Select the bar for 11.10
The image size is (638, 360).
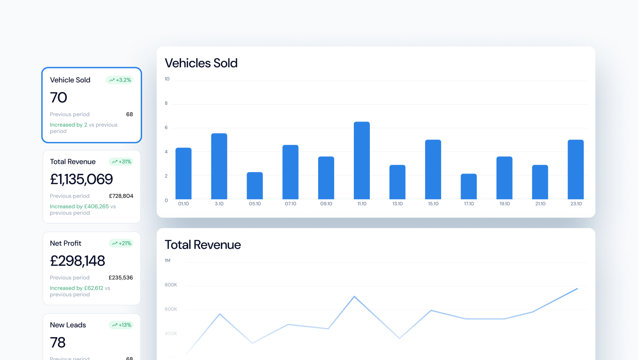coord(361,160)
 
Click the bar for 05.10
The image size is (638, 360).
coord(255,186)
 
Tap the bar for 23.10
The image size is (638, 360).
coord(576,169)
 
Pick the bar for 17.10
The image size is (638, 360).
coord(468,186)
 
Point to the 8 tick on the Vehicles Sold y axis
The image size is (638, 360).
coord(166,103)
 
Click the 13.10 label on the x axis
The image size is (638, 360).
coord(397,204)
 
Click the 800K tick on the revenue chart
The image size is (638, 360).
coord(171,285)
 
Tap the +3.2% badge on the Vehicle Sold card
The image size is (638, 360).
coord(120,80)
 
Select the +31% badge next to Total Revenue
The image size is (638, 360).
coord(121,162)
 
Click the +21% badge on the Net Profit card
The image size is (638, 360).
coord(121,243)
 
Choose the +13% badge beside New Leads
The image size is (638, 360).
coord(121,325)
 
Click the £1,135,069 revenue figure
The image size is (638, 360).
coord(81,179)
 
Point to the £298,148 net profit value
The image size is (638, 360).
coord(77,261)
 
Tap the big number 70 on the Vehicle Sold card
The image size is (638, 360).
coord(58,98)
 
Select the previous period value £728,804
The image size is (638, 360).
coord(121,196)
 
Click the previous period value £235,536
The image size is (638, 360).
coord(120,278)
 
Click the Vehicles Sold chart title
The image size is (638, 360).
coord(201,63)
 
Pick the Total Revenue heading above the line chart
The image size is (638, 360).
coord(203,245)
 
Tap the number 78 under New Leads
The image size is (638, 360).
coord(58,342)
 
